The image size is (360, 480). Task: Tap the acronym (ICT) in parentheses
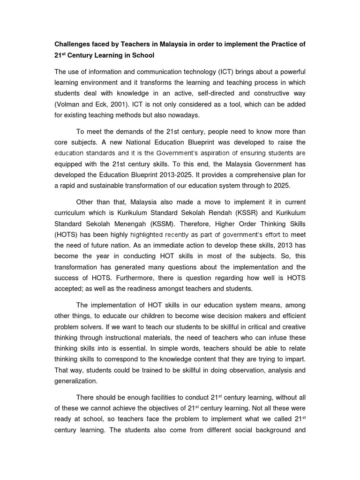coord(228,72)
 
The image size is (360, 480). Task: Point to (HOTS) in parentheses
coord(67,234)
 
